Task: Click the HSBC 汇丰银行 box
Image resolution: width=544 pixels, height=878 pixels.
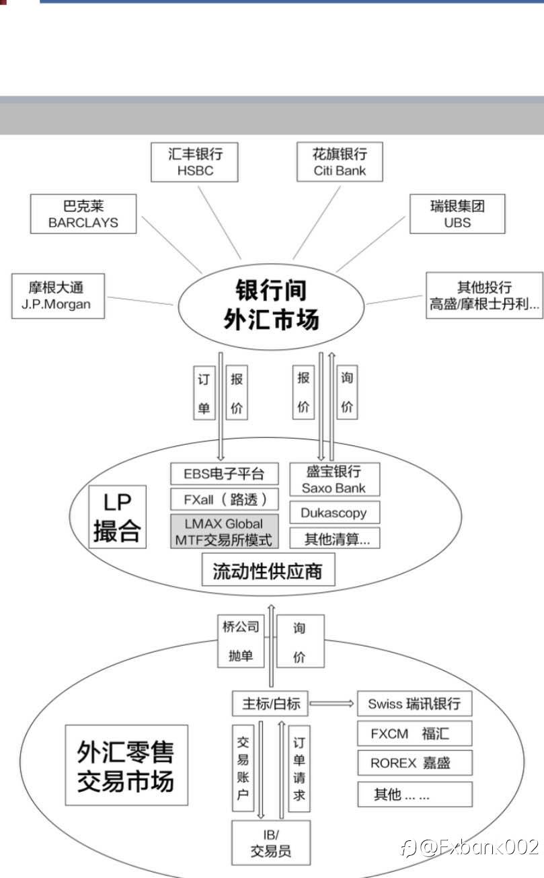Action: coord(195,162)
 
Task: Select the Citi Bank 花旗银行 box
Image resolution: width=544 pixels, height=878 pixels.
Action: coord(340,162)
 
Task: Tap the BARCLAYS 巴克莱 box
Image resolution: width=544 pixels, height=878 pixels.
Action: coord(83,214)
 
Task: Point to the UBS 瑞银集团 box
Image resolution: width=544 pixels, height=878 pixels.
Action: coord(457,214)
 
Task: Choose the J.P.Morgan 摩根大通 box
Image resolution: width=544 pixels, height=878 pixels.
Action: coord(51,296)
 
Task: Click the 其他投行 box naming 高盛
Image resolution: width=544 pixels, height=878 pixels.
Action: coord(484,295)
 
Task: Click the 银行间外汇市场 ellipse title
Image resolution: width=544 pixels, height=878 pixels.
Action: coord(271,305)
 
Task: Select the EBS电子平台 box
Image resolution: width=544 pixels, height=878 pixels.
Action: coord(224,474)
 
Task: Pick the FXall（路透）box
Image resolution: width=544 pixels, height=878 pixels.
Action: coord(224,499)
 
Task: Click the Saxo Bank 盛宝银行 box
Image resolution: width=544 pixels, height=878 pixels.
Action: coord(334,479)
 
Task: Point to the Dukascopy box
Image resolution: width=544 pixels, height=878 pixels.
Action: coord(334,513)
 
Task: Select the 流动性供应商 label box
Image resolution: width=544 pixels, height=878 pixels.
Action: coord(268,571)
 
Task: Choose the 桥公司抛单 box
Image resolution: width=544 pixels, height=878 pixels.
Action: coord(241,641)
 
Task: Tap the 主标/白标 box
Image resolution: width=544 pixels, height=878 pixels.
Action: coord(270,704)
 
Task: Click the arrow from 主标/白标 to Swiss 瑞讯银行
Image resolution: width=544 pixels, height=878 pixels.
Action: coord(332,704)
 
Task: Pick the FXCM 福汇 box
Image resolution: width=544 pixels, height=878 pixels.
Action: coord(414,733)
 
